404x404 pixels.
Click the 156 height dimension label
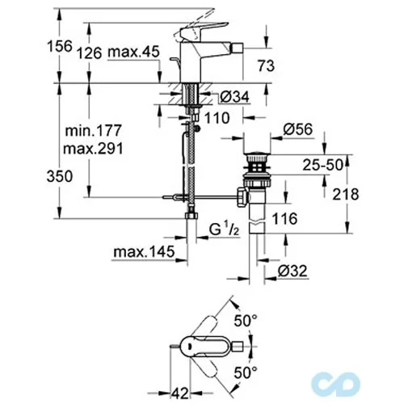[x=60, y=46]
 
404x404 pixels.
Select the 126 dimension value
[x=90, y=53]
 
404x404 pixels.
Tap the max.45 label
[x=134, y=52]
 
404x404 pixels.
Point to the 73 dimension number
[x=266, y=66]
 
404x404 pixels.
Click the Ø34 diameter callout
[x=234, y=97]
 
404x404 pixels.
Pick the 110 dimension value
[x=217, y=118]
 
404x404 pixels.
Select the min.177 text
[x=94, y=130]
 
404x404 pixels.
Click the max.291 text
[x=93, y=149]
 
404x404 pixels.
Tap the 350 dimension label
[x=60, y=176]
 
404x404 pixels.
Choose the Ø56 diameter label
[x=298, y=129]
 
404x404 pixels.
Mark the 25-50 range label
[x=323, y=165]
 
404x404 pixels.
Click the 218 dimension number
[x=346, y=194]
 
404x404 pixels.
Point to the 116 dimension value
[x=284, y=218]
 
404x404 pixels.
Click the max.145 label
[x=144, y=252]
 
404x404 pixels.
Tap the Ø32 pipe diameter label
[x=292, y=271]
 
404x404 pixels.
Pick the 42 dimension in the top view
[x=180, y=393]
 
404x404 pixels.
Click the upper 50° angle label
[x=246, y=321]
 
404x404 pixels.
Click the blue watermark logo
[x=335, y=385]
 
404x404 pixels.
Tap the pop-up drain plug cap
[x=256, y=155]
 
